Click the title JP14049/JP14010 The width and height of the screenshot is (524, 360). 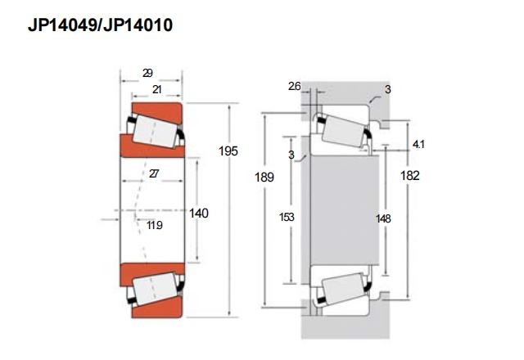100,25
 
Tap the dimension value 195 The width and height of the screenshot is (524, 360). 228,151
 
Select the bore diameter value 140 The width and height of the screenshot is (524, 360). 199,213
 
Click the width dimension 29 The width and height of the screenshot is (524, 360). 147,73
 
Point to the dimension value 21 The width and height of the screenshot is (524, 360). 156,89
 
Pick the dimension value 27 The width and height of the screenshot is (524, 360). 154,173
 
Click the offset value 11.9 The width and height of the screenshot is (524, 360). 155,226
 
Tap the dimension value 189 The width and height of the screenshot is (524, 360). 264,177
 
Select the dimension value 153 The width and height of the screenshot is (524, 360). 287,217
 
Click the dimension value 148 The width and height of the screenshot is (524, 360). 383,218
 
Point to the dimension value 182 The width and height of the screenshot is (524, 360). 410,175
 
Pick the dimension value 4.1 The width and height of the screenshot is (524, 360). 418,144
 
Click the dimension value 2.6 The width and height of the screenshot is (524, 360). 295,86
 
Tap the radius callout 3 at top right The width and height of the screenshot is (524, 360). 387,89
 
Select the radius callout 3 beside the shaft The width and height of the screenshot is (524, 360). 291,155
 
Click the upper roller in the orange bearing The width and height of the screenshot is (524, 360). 155,131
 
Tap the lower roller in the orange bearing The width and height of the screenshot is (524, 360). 155,289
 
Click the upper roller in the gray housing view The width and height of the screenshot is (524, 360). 343,131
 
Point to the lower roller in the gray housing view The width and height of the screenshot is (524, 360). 343,289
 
